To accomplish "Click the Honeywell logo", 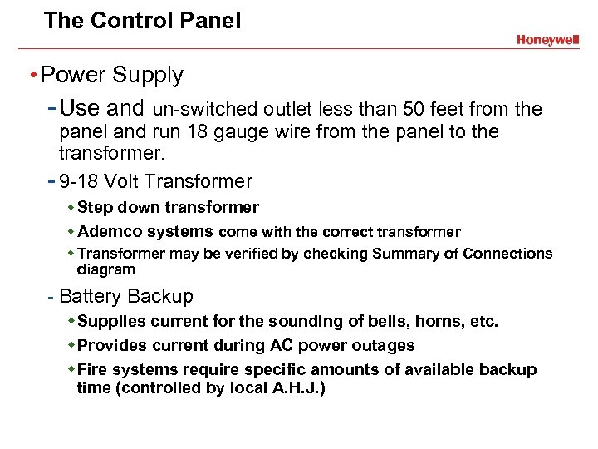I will click(547, 40).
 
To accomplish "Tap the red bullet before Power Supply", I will click(32, 76).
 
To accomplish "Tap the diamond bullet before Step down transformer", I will click(71, 207).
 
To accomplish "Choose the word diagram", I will click(105, 269).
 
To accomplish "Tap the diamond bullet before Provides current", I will click(71, 345).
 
